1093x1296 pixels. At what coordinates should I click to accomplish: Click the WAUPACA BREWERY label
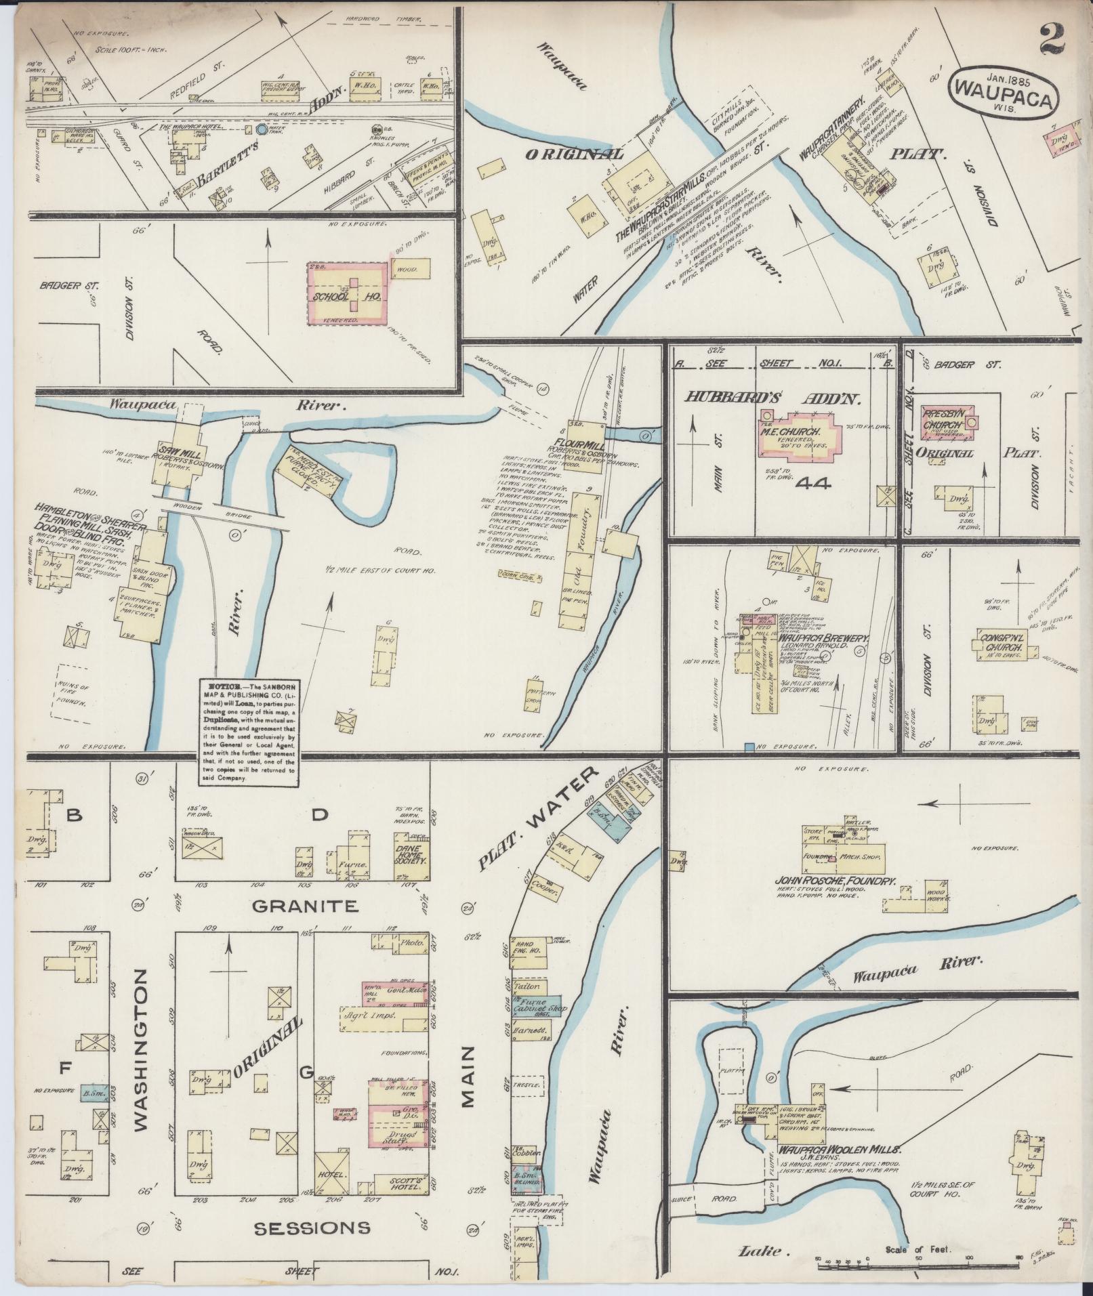823,637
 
